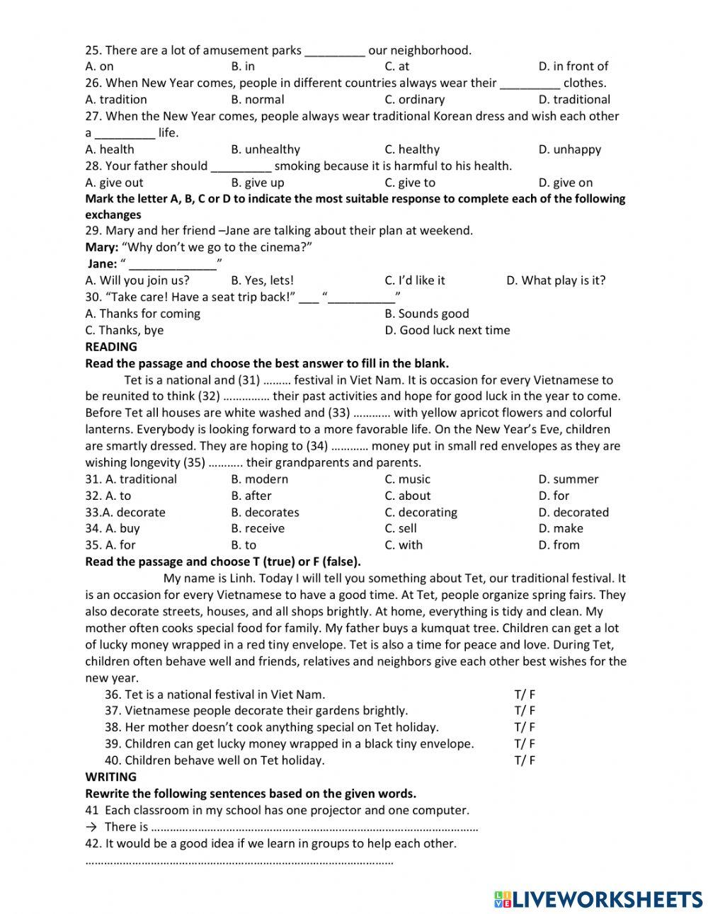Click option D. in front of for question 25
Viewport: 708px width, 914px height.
(573, 67)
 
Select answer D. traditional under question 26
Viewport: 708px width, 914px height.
(573, 100)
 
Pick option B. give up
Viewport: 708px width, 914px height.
(257, 183)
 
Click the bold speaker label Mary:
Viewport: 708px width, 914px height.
(101, 247)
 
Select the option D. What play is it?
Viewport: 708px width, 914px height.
(556, 280)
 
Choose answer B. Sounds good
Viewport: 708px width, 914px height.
(426, 314)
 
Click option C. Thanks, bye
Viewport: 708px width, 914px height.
(124, 330)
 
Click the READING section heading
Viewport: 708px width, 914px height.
(111, 347)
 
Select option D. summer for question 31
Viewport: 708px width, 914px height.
(568, 479)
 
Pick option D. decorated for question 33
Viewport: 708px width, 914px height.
(573, 513)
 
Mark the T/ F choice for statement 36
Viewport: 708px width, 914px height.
(525, 695)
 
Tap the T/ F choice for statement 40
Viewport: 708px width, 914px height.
(525, 760)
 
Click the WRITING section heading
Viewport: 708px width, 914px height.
(110, 777)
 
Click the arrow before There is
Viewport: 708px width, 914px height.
(91, 827)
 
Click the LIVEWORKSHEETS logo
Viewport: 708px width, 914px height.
(598, 898)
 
